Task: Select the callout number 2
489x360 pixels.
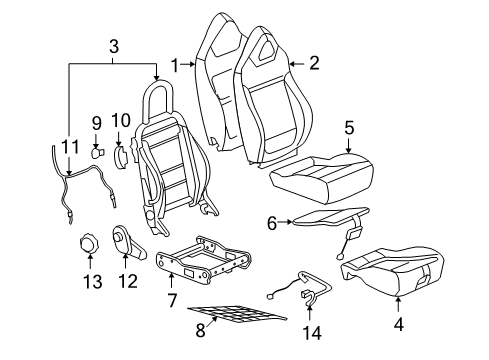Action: point(314,64)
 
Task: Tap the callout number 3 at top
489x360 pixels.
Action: point(114,45)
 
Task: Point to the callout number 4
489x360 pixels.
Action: point(400,324)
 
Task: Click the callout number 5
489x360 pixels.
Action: point(349,127)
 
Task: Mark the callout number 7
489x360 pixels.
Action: point(171,301)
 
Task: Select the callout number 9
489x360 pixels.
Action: point(97,125)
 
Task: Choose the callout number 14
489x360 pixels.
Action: point(313,331)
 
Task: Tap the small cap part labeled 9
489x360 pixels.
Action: point(98,153)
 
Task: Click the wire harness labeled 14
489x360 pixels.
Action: point(305,290)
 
